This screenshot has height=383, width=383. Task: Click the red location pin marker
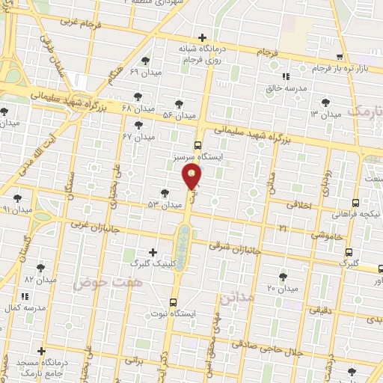191,177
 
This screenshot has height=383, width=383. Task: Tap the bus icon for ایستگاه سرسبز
197,145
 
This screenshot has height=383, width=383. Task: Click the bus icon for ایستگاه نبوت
174,303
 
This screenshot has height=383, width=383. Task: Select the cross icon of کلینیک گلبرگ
153,252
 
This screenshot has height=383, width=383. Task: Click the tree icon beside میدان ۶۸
137,96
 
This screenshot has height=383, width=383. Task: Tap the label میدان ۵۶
178,115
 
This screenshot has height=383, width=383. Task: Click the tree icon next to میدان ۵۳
165,193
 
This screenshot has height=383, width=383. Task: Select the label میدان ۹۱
17,210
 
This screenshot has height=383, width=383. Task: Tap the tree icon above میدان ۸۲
40,267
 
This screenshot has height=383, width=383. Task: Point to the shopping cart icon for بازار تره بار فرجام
340,57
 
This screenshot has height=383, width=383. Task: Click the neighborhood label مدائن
237,298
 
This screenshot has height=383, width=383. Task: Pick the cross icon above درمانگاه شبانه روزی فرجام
202,37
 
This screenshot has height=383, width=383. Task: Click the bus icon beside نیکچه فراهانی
355,202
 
